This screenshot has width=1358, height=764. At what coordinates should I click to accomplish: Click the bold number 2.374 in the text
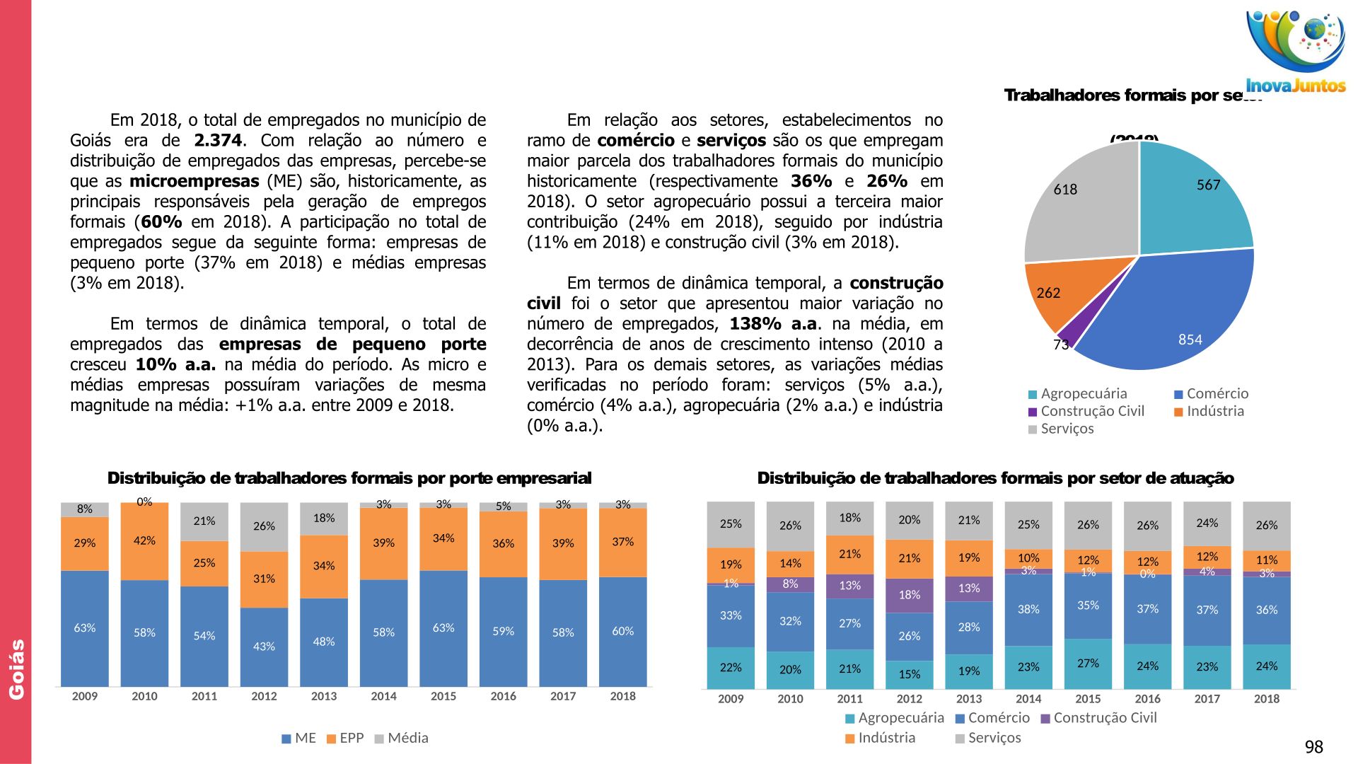click(218, 141)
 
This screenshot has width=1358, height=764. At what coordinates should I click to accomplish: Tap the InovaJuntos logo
click(1295, 53)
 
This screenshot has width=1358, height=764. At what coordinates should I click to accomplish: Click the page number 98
click(1313, 747)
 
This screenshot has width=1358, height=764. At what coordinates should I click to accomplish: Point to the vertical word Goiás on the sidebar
click(16, 669)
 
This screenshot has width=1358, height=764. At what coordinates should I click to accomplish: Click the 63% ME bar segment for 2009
click(85, 628)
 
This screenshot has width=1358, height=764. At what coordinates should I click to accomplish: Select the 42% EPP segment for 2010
click(144, 541)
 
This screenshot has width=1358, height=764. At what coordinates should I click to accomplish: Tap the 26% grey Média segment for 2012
click(264, 526)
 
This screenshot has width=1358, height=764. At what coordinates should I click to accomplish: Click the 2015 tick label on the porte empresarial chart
click(443, 696)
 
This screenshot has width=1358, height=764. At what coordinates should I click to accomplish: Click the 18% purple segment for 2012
click(909, 595)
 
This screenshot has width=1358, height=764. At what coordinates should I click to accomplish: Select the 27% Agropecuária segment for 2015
click(1088, 664)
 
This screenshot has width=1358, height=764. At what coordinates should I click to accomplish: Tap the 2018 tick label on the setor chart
click(1266, 699)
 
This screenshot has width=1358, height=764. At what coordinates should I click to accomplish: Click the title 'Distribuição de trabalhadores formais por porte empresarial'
click(349, 478)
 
